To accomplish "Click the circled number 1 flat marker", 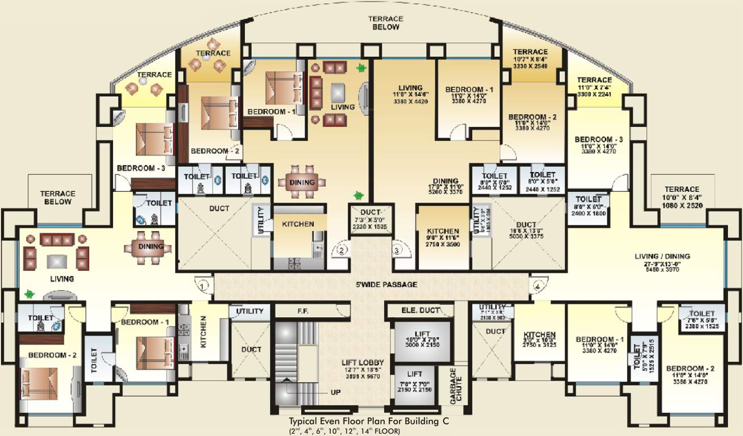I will [x=204, y=287].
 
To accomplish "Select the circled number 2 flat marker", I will [x=342, y=249].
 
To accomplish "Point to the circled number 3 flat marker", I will [x=397, y=249].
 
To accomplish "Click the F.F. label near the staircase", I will [x=302, y=311].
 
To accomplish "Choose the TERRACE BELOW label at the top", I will [x=387, y=23].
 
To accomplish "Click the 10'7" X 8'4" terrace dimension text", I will [x=531, y=59].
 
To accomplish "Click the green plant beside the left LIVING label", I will [x=28, y=294].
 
